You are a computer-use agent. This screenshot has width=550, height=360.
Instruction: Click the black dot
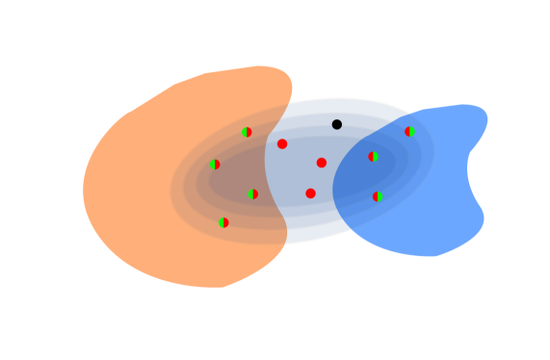tap(336, 124)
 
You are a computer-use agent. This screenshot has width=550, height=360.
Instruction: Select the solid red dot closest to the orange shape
tap(282, 144)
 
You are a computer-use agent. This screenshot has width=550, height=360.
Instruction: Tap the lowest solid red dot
tap(310, 193)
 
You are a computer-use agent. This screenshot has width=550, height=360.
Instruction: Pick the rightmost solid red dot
tap(322, 163)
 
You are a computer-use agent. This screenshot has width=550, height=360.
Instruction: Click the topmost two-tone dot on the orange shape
tap(247, 132)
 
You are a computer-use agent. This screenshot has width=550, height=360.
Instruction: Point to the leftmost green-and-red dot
tap(215, 165)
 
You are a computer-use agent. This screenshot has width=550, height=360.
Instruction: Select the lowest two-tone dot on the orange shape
tap(223, 222)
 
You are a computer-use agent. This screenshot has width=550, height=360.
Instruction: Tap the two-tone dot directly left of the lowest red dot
tap(252, 194)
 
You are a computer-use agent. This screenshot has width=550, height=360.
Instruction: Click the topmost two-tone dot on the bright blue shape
tap(409, 132)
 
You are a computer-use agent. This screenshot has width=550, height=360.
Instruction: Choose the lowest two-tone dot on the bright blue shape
tap(378, 196)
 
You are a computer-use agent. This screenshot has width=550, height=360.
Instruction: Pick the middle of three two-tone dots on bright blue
tap(373, 157)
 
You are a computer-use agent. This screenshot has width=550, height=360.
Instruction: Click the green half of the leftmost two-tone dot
tap(212, 165)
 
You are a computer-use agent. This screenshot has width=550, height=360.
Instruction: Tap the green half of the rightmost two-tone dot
tap(412, 132)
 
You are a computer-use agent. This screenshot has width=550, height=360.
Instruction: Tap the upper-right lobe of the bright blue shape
tap(467, 119)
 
